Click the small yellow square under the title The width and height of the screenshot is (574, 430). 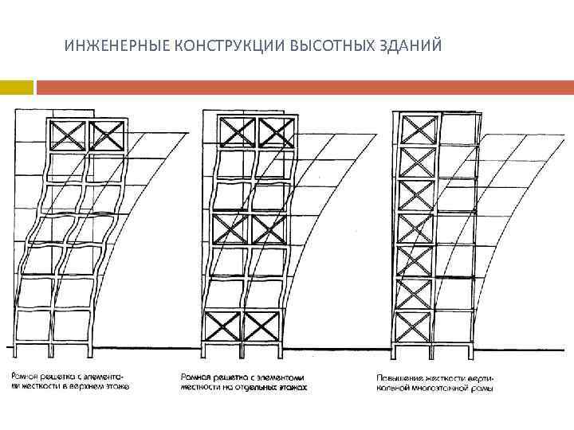point(16,86)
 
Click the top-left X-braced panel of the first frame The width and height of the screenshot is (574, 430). point(68,135)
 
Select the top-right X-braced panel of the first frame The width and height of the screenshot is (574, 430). point(107,135)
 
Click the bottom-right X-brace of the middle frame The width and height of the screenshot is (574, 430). point(263,326)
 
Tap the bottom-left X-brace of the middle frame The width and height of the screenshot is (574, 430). point(224,326)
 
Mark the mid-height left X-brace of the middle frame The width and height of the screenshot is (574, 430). point(230,230)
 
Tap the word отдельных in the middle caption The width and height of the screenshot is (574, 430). point(254,387)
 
